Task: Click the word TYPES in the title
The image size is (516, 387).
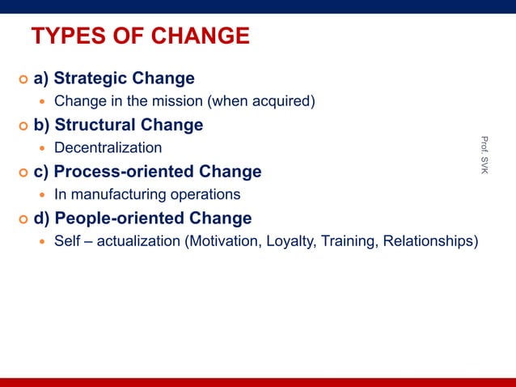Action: click(66, 36)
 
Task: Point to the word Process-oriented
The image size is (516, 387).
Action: click(128, 172)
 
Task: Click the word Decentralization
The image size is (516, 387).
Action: click(108, 148)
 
